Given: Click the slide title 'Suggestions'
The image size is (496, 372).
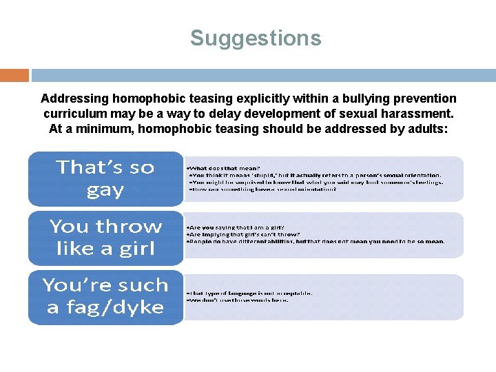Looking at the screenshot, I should point(256,38).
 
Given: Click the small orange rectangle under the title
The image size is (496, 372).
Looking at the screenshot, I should point(14,75).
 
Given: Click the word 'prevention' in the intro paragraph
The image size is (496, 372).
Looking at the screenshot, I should point(426,99).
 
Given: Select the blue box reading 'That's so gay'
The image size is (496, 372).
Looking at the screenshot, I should point(105,178).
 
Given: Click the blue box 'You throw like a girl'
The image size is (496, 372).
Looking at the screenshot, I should point(105,238).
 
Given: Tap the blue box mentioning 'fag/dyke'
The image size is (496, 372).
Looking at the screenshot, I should point(105,296).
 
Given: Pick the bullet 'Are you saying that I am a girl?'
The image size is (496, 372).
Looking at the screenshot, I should point(236,227).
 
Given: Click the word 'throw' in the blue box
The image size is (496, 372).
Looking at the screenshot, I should point(132,227).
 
